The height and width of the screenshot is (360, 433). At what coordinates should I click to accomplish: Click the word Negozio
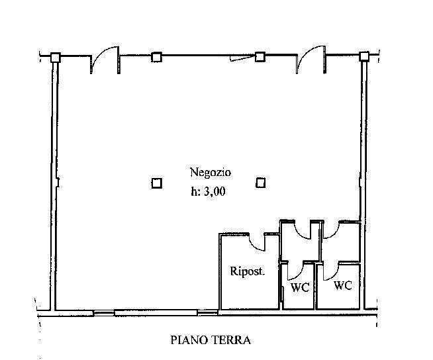coord(211,173)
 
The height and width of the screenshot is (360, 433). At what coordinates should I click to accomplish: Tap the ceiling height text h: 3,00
coord(208,191)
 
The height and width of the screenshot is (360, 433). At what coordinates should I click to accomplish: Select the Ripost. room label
coord(248,271)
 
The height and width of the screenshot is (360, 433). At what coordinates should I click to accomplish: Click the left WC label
coord(300,287)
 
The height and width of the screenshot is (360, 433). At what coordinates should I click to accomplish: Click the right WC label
coord(343,285)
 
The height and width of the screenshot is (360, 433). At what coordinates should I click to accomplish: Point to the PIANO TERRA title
coord(211,340)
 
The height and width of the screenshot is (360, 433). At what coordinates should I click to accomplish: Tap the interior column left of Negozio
coord(156,183)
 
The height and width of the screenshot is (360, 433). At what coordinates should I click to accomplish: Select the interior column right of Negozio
coord(260,183)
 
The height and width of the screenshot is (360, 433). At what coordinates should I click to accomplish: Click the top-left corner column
coord(56,58)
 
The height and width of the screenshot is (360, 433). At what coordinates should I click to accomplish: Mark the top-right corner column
coord(364,56)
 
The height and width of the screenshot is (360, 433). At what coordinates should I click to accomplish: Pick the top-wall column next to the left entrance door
coord(156,57)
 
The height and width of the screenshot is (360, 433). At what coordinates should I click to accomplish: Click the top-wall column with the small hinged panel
coord(260,57)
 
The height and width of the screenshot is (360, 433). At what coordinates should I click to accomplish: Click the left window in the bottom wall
coord(104,313)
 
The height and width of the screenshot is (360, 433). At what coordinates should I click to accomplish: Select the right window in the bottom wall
coord(207,312)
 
